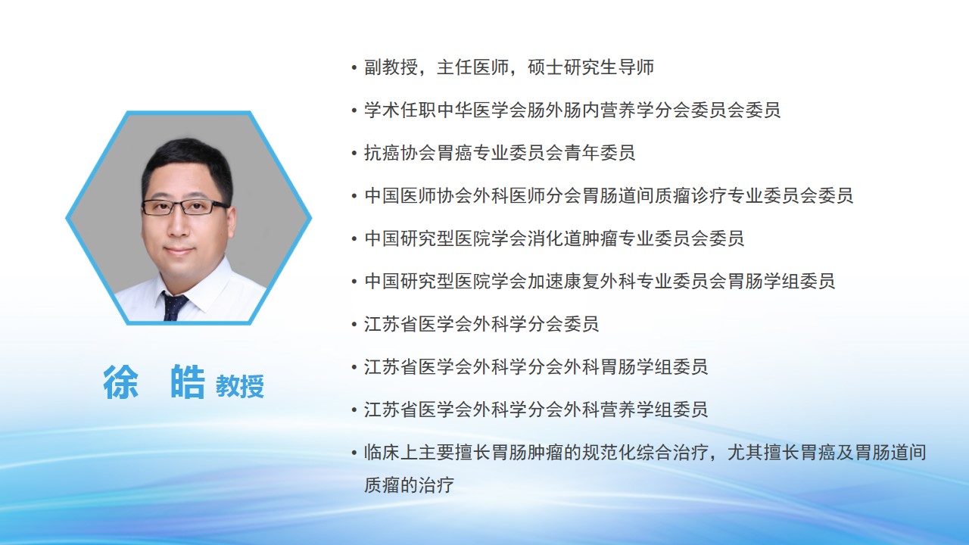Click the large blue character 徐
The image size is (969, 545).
tap(121, 382)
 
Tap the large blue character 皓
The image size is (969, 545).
tap(188, 382)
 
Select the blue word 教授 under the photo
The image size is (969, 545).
tap(240, 386)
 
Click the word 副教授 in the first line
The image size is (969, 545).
tap(391, 67)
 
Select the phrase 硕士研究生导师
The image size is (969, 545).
tap(590, 67)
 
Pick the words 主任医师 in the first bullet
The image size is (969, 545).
tap(473, 67)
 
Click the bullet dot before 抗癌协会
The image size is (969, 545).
tap(354, 153)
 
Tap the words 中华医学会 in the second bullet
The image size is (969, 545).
tap(482, 111)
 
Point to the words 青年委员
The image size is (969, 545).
tap(600, 153)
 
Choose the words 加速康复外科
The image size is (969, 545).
tap(581, 281)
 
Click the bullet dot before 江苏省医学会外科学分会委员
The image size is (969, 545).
tap(354, 325)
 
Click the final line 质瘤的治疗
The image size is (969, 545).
tap(410, 485)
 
